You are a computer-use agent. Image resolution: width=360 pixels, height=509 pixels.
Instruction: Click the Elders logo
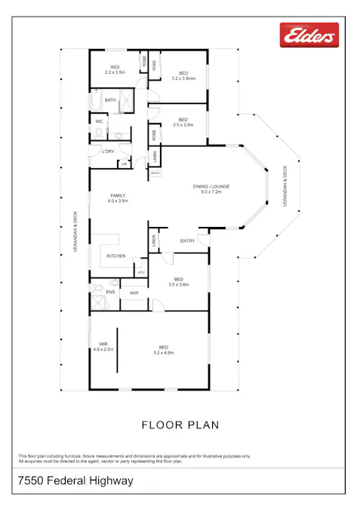coord(309,35)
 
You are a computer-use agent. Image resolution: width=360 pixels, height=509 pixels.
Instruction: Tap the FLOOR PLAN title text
coord(180,425)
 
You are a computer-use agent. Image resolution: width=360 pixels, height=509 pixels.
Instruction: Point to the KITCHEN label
coord(115,256)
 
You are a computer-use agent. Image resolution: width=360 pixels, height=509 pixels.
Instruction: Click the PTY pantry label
coord(141,271)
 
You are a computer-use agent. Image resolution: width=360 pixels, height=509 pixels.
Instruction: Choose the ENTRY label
coord(187,241)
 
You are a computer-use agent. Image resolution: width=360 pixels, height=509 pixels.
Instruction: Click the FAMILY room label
coord(117,195)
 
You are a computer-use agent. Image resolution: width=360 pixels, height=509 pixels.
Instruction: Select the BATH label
coord(110,100)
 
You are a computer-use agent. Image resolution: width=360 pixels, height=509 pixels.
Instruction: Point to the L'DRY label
coord(108,152)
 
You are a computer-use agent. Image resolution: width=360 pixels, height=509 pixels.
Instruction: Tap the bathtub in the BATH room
coord(96,99)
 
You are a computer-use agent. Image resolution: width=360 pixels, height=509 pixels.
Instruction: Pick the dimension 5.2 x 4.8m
coord(164,353)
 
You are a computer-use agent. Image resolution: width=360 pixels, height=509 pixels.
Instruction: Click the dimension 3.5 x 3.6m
coord(178,284)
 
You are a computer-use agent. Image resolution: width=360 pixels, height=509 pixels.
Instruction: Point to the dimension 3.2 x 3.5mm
coord(183,78)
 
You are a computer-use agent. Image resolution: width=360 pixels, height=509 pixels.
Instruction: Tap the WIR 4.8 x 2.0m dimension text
coord(103,350)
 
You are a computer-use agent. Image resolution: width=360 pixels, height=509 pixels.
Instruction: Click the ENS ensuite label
coord(110,291)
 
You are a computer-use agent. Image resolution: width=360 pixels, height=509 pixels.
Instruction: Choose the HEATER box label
coord(155,173)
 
